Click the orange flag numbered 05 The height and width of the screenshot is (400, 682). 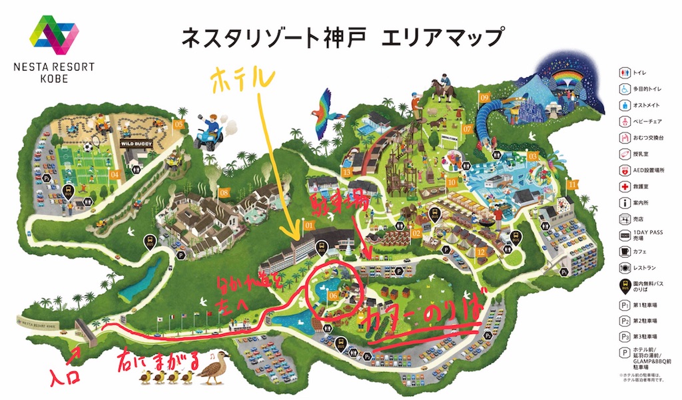[x=178, y=124]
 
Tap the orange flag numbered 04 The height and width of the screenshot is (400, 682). [x=115, y=175]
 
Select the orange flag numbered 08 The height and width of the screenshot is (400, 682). [x=224, y=193]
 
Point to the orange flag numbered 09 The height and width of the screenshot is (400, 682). [x=484, y=98]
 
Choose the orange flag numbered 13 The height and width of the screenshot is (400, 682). [x=346, y=172]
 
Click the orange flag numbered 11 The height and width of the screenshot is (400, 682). [x=571, y=184]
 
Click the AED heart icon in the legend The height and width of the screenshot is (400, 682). [x=625, y=169]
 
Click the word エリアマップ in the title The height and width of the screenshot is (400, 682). [x=442, y=37]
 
